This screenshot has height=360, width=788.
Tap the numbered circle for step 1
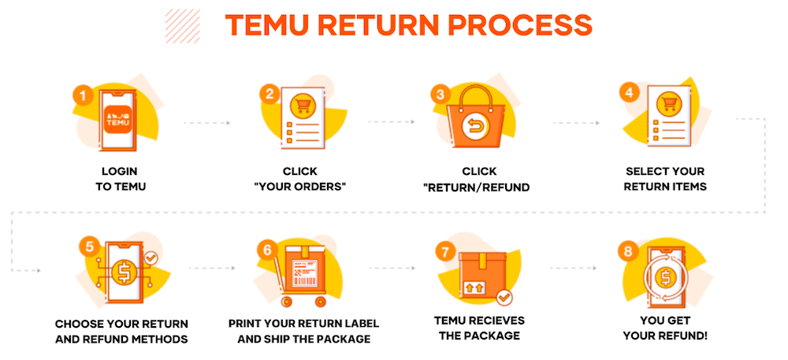pyautogui.click(x=84, y=96)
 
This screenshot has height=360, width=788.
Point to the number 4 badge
pyautogui.click(x=628, y=91)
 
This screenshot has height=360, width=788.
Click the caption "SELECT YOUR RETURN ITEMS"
pyautogui.click(x=665, y=179)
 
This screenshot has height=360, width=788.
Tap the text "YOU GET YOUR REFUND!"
pyautogui.click(x=667, y=328)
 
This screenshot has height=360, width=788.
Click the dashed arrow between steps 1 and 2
pyautogui.click(x=206, y=124)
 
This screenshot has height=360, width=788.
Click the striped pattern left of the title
pyautogui.click(x=183, y=25)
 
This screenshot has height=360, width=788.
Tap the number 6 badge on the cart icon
pyautogui.click(x=267, y=250)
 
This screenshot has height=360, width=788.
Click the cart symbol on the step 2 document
pyautogui.click(x=300, y=106)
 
